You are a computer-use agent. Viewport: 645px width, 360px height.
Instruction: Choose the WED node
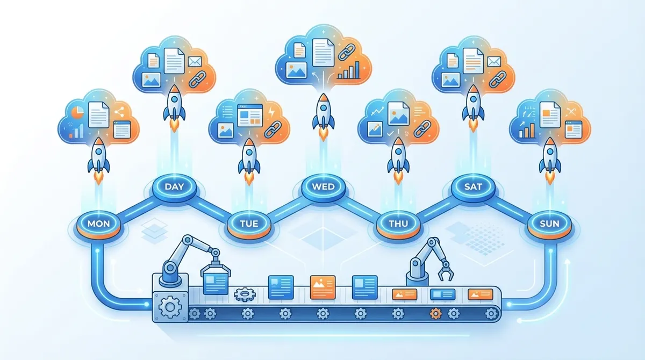point(322,188)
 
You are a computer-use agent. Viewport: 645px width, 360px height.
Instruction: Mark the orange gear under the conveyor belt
point(434,313)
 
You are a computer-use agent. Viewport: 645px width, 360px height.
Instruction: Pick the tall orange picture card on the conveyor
point(322,286)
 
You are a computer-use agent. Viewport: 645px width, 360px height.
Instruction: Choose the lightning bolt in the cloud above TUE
point(270,111)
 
